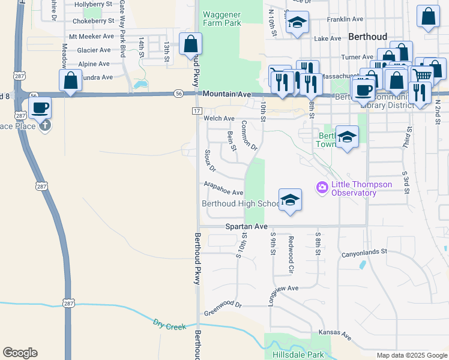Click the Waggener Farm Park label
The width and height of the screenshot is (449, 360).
(222, 19)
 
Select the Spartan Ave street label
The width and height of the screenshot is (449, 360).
(246, 227)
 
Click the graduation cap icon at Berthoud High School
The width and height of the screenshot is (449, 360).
(290, 200)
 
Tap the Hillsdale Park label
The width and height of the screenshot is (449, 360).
(298, 355)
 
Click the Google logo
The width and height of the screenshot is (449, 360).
(20, 353)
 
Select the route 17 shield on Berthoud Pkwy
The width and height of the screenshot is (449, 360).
(196, 111)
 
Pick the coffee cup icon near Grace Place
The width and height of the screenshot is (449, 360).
(40, 108)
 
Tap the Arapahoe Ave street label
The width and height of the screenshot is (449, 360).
(223, 188)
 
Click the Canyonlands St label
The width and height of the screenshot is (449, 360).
(365, 254)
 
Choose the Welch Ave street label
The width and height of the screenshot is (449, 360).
(219, 119)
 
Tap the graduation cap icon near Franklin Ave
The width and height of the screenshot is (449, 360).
(297, 23)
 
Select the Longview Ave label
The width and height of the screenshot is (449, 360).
(284, 289)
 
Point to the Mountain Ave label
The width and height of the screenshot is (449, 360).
(226, 94)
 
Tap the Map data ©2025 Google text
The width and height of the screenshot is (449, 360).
(412, 355)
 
